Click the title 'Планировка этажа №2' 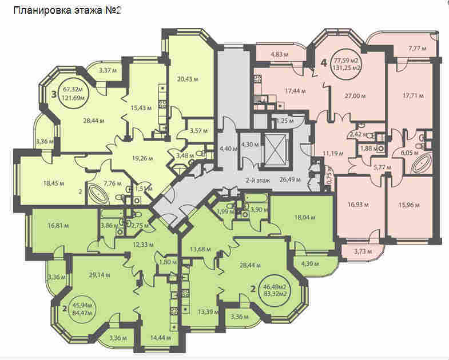(67, 11)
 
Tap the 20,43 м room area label (188, 79)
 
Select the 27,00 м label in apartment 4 (355, 96)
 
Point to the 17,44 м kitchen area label (295, 91)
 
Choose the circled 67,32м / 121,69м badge (74, 94)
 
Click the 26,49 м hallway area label (290, 180)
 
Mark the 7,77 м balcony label (417, 49)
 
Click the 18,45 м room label (54, 184)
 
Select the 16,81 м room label (58, 226)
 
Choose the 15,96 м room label (409, 205)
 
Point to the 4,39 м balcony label (310, 264)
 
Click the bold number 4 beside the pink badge (324, 63)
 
